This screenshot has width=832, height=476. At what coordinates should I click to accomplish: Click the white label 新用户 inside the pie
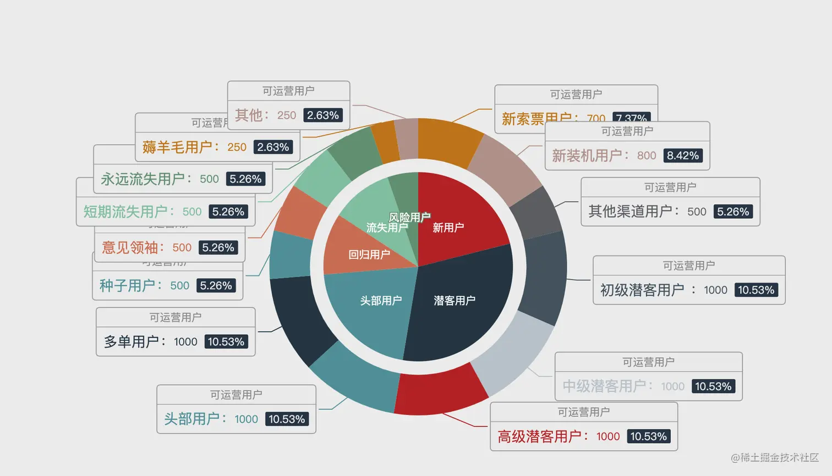click(448, 228)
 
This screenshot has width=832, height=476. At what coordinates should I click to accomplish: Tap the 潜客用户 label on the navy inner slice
click(454, 301)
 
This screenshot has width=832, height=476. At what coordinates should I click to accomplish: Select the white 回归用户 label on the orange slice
click(369, 254)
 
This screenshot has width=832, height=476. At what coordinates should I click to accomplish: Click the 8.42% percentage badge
click(682, 156)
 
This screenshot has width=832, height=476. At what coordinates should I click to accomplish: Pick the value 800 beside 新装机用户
click(647, 156)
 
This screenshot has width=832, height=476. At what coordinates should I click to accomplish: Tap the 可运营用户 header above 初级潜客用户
click(688, 265)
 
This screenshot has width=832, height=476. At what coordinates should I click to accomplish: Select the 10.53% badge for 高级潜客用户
click(648, 436)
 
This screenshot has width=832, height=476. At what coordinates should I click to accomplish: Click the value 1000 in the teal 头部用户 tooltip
click(246, 419)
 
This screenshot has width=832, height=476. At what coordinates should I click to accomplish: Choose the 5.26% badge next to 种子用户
click(216, 286)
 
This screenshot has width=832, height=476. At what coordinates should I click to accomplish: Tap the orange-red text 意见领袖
click(130, 248)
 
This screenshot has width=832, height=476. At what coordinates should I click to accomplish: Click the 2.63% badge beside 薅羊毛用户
click(273, 147)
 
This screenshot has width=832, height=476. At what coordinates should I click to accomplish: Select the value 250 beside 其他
click(286, 115)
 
